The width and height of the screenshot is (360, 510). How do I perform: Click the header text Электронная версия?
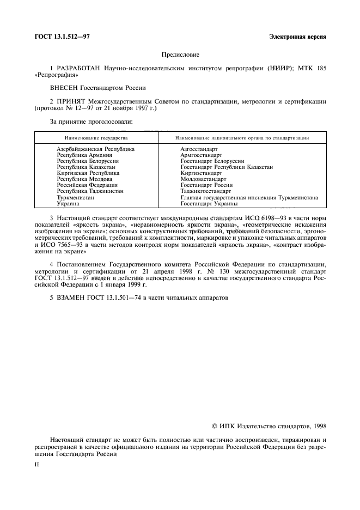pos(298,37)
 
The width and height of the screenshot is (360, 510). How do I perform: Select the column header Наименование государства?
pos(96,138)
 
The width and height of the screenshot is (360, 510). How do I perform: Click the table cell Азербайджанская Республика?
pos(95,149)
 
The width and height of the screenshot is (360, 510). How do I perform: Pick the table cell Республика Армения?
pos(81,155)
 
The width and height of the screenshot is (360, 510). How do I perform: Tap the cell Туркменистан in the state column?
pos(76,197)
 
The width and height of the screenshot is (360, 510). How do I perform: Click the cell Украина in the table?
pos(68,203)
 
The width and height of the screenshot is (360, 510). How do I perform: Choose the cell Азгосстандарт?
pos(199,149)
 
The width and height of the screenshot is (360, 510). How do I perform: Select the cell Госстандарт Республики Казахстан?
pos(227,167)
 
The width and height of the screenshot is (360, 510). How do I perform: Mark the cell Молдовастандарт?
pos(203,179)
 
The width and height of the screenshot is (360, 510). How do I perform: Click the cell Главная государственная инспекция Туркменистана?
pos(249,197)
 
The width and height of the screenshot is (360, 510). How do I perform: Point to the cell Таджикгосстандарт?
pos(205,191)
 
